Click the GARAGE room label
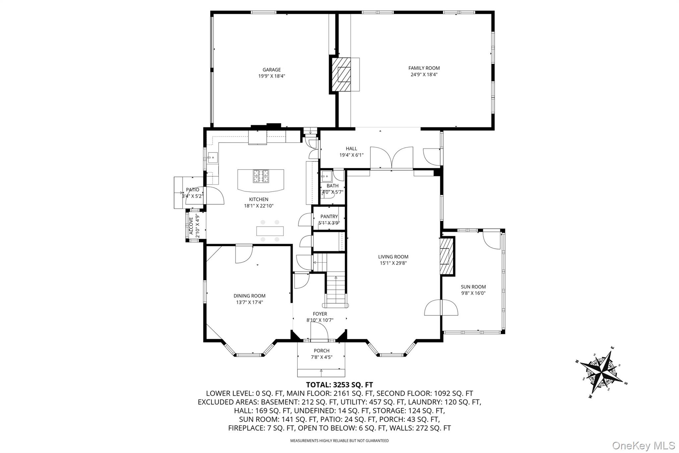point(272,70)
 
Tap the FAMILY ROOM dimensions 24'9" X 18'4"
point(424,75)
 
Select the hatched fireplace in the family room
point(344,74)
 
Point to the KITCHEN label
point(259,199)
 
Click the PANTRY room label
point(329,217)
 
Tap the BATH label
point(333,186)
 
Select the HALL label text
point(351,149)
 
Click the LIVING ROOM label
point(393,257)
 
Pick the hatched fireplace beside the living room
point(446,256)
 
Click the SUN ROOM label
point(473,287)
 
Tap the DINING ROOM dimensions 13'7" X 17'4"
point(249,302)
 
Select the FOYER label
point(320,314)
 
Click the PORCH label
point(322,350)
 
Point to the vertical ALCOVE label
point(191,226)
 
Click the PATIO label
point(192,190)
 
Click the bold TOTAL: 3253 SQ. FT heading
point(339,385)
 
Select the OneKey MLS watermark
point(643,445)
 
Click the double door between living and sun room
point(441,308)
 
